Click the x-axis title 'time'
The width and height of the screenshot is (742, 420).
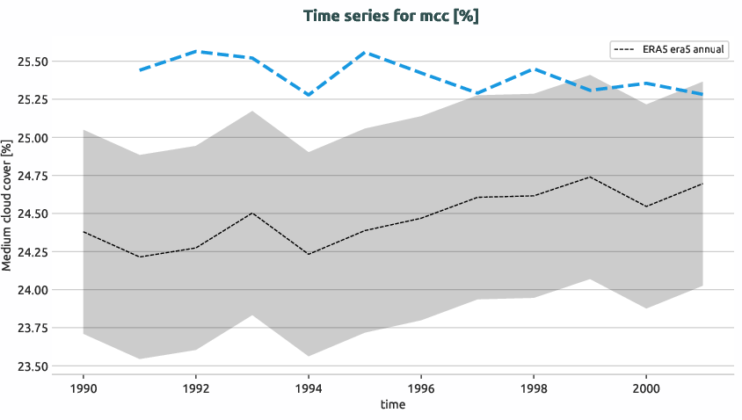(x=392, y=404)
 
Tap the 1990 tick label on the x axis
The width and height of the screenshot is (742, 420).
(x=83, y=387)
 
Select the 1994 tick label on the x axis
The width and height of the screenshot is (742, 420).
(x=309, y=387)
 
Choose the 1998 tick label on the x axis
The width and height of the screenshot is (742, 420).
(x=534, y=387)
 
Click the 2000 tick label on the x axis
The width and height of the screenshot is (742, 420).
(x=646, y=387)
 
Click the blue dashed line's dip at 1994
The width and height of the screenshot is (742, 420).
(x=309, y=95)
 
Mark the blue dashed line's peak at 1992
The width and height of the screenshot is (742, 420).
(x=196, y=51)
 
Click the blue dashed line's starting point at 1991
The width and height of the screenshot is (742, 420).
(x=140, y=69)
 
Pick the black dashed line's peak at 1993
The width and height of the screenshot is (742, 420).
(x=252, y=213)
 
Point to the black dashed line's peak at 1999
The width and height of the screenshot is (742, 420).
(x=590, y=177)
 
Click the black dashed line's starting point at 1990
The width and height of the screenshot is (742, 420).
(x=84, y=232)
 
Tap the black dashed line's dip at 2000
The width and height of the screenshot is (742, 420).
(x=646, y=206)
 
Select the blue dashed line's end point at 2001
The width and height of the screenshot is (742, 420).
(x=702, y=94)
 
